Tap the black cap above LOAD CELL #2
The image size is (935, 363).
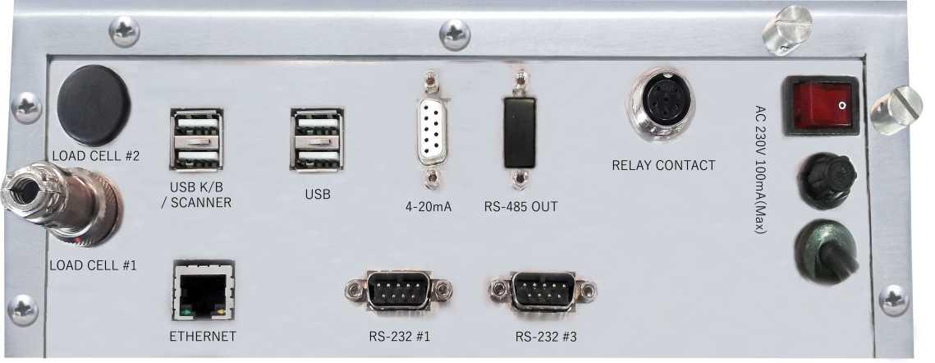coord(94,105)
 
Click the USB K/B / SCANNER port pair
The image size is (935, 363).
coord(196,139)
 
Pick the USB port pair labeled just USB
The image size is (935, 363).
coord(316,139)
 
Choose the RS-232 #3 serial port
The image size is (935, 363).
coord(542,291)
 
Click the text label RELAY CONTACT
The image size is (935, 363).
coord(663,165)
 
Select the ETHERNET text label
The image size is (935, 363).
coord(202,336)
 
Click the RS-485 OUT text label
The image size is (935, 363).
coord(520,207)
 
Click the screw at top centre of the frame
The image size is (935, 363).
coord(454,34)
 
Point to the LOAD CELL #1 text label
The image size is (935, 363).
coord(93,265)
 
